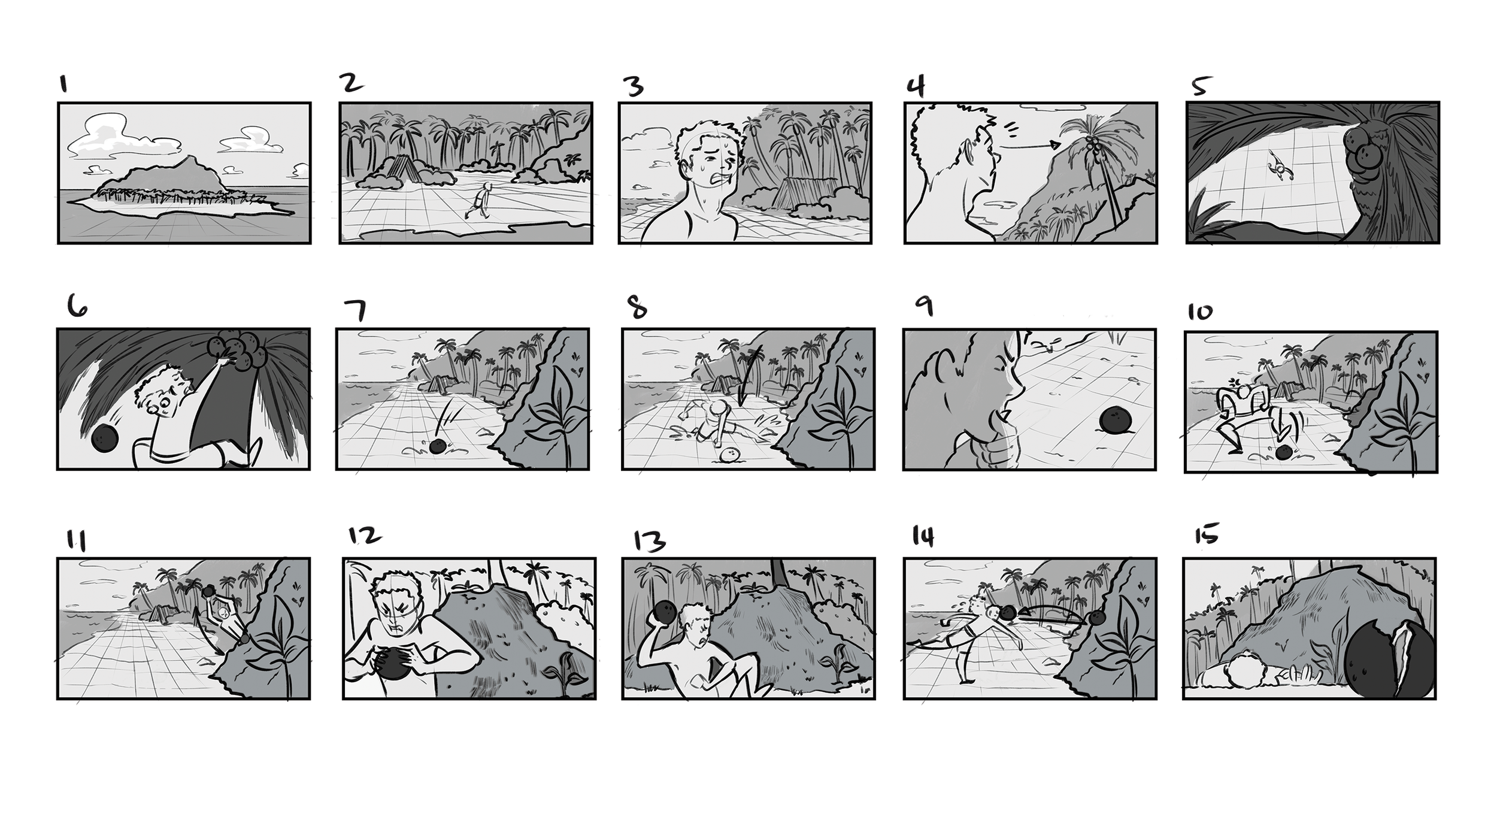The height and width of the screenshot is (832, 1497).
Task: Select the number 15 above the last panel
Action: (x=1205, y=534)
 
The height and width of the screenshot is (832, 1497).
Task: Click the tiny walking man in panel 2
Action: (x=481, y=201)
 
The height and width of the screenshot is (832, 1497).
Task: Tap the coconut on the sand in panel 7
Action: (x=438, y=446)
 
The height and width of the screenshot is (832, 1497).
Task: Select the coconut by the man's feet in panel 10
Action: (x=1283, y=454)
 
